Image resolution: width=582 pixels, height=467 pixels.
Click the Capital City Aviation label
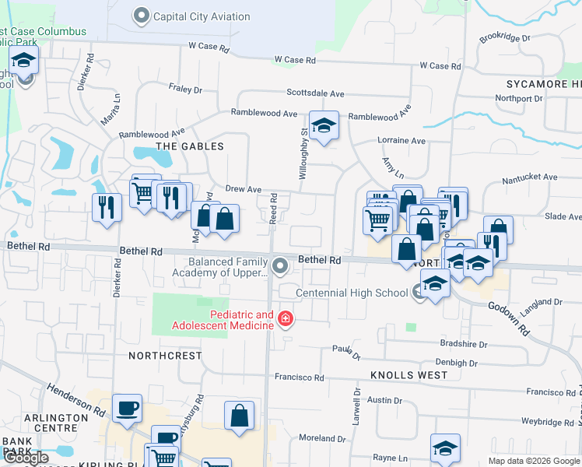pyautogui.click(x=201, y=16)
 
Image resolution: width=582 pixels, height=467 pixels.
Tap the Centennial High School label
pyautogui.click(x=352, y=293)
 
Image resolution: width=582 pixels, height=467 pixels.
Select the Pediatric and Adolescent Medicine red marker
pyautogui.click(x=286, y=319)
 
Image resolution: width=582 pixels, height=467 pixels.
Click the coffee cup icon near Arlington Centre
pyautogui.click(x=127, y=408)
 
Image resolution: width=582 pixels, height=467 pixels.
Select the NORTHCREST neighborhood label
pyautogui.click(x=165, y=355)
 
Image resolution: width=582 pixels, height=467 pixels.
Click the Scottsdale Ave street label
pyautogui.click(x=315, y=93)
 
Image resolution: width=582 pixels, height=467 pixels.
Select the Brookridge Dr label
pyautogui.click(x=504, y=37)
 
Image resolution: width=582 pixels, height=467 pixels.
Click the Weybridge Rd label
pyautogui.click(x=548, y=421)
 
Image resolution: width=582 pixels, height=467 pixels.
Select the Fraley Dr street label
pyautogui.click(x=185, y=90)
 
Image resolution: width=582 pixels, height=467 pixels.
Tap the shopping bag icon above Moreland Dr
pyautogui.click(x=239, y=415)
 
